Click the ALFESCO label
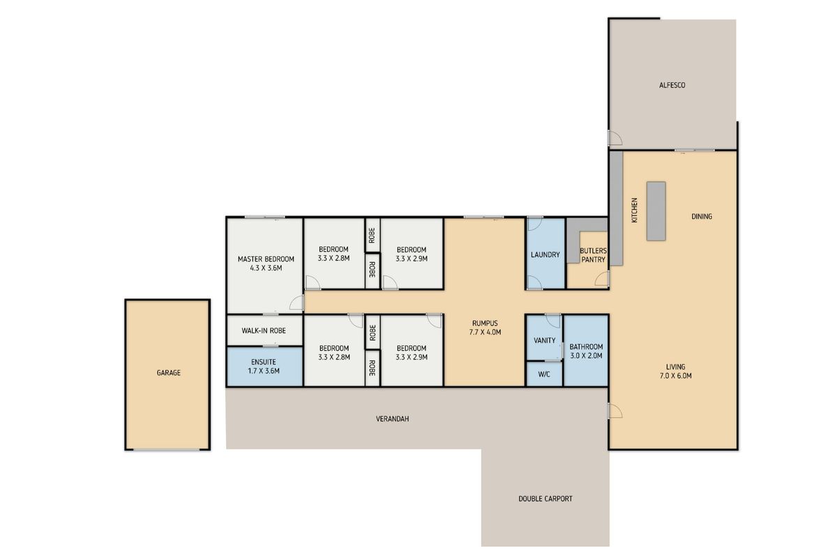(x=672, y=85)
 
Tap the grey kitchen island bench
(x=656, y=211)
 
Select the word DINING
(x=702, y=216)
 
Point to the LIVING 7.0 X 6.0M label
(x=676, y=371)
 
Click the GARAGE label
(x=169, y=372)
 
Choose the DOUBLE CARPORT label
(x=545, y=499)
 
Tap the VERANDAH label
(x=392, y=419)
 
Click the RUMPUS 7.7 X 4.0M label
(x=485, y=327)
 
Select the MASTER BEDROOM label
(x=266, y=264)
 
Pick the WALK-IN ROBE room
(x=264, y=331)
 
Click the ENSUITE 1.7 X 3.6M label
(x=264, y=366)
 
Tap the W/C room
(x=544, y=374)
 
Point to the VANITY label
(x=545, y=340)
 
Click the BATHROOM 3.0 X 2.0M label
(x=586, y=352)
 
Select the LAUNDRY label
(x=545, y=255)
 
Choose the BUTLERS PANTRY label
(x=593, y=255)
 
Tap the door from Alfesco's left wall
(x=615, y=137)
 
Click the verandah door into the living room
(x=615, y=410)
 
